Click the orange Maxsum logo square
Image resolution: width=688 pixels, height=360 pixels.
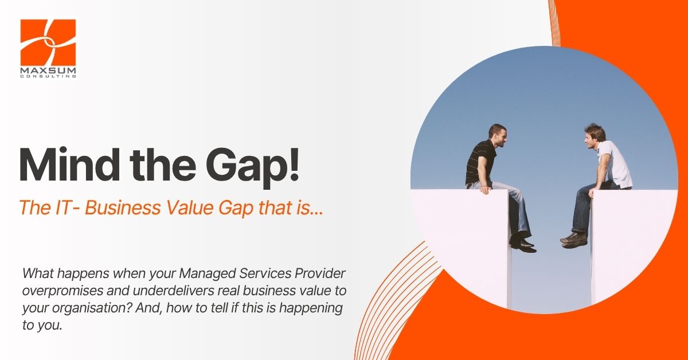tap(48, 42)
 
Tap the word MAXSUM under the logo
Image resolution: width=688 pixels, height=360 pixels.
tap(48, 71)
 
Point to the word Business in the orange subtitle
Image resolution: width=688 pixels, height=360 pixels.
tap(123, 208)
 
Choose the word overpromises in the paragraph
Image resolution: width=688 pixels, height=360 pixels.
tap(62, 291)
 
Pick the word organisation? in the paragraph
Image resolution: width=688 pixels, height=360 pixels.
tap(92, 308)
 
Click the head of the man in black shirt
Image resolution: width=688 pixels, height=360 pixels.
tap(498, 136)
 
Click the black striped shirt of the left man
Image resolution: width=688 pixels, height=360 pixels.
tap(480, 163)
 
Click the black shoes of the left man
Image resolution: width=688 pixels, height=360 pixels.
tap(523, 244)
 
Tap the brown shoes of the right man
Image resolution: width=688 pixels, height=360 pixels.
tap(574, 240)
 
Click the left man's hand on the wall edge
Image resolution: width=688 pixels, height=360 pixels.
tap(485, 190)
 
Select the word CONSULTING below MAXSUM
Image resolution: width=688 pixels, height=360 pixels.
tap(48, 76)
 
